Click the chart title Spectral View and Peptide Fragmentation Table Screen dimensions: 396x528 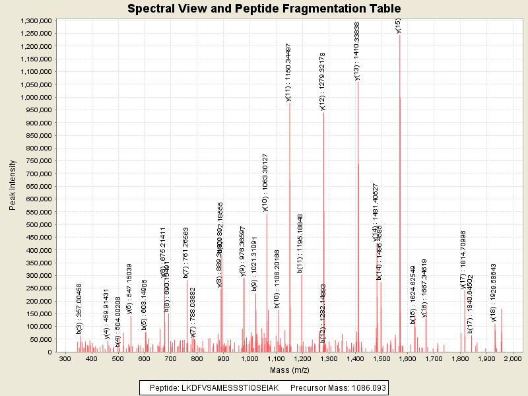click(264, 9)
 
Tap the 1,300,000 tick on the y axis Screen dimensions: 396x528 click(37, 21)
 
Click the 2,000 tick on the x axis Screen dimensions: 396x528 click(513, 358)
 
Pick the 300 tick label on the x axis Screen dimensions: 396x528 click(65, 358)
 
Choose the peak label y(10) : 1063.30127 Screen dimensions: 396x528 click(265, 182)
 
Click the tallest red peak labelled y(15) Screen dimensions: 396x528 click(399, 191)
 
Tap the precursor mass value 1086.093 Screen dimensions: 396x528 click(364, 387)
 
